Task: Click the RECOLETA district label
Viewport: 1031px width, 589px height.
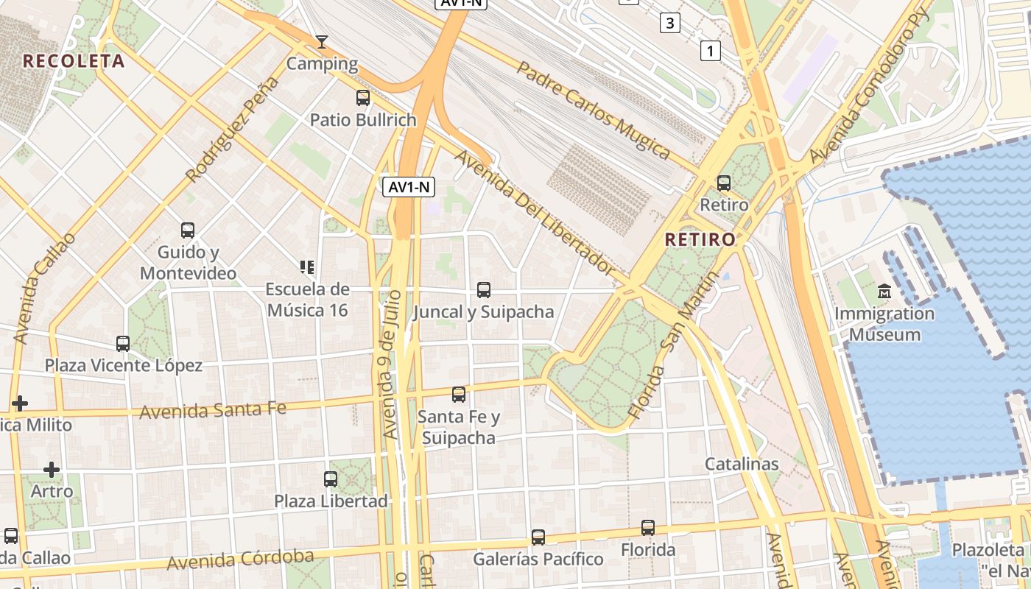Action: click(x=74, y=61)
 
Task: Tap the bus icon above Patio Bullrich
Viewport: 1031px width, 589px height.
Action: click(x=362, y=97)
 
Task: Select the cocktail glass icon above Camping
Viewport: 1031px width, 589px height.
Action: click(x=321, y=41)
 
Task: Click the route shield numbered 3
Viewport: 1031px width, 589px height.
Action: click(x=669, y=23)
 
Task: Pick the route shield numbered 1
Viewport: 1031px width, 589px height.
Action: click(x=710, y=51)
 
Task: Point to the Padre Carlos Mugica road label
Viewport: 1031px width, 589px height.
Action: click(x=593, y=110)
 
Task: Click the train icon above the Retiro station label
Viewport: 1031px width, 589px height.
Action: click(x=724, y=183)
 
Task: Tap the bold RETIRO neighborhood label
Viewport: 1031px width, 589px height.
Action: click(x=700, y=239)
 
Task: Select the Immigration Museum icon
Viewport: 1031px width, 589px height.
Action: click(x=884, y=291)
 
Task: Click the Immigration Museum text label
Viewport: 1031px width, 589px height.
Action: click(x=884, y=324)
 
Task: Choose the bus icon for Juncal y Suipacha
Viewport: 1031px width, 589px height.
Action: click(x=483, y=289)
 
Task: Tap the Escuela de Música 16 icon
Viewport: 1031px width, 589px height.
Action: click(x=307, y=267)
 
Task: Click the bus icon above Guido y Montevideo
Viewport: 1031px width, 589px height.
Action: click(x=188, y=230)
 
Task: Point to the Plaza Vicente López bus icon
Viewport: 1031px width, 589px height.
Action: click(x=123, y=343)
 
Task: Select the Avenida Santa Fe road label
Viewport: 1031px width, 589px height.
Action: click(x=213, y=410)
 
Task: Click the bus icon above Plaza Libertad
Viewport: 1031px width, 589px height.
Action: click(x=331, y=479)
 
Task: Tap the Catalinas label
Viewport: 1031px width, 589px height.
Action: click(x=742, y=464)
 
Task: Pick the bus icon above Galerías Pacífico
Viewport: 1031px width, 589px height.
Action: click(x=538, y=537)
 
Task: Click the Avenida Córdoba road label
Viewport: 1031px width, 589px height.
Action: click(x=240, y=560)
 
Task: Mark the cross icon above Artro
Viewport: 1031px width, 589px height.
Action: click(x=52, y=469)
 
